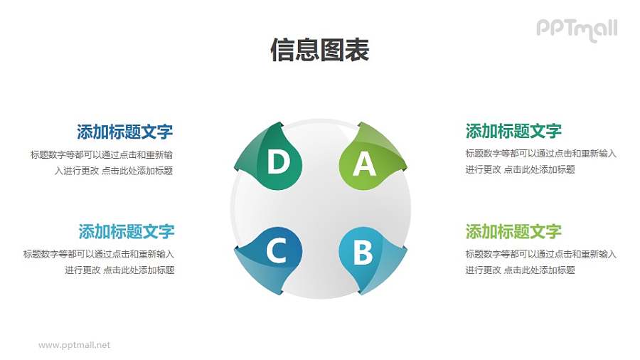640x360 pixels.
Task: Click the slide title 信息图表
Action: tap(319, 51)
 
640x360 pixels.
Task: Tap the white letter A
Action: tap(364, 164)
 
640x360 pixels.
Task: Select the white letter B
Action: tap(363, 252)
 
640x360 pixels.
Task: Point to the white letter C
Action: tap(276, 250)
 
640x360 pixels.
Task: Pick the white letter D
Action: tap(277, 163)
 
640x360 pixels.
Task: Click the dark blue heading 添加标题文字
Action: tap(124, 132)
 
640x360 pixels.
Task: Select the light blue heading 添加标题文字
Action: tap(126, 231)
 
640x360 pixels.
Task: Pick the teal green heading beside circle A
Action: tap(513, 131)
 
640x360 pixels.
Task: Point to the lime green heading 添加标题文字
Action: tap(513, 231)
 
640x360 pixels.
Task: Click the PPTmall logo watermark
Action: tap(576, 29)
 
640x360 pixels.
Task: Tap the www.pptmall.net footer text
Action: tap(75, 345)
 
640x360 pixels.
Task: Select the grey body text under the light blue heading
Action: tap(99, 262)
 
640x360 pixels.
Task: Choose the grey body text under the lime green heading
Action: tap(540, 262)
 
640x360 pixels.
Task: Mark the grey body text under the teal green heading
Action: tap(540, 162)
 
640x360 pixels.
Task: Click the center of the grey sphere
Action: tap(320, 208)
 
